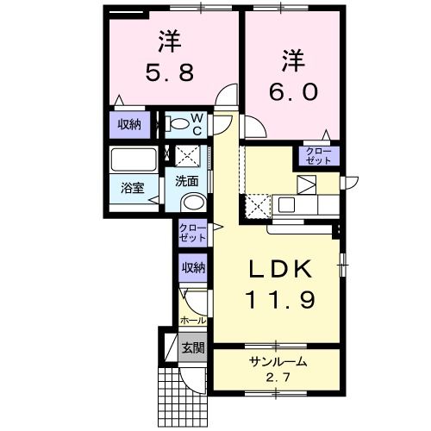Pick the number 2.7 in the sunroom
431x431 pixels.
point(278,378)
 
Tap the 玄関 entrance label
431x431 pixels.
point(193,348)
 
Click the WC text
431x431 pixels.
point(196,123)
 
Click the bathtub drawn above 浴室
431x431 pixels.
point(131,160)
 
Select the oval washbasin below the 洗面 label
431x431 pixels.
point(193,203)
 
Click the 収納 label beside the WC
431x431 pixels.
point(129,124)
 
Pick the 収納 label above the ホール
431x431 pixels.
point(193,268)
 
